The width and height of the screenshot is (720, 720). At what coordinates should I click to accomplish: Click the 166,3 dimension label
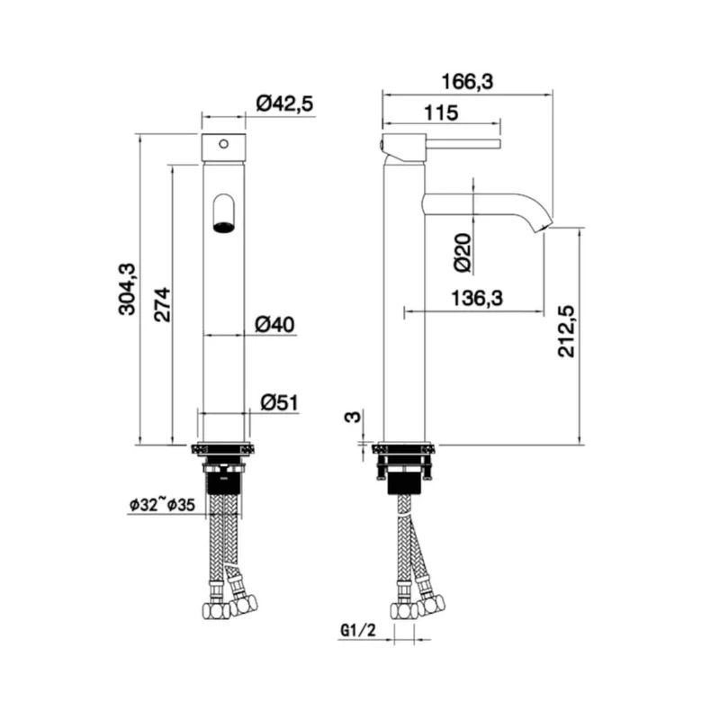tap(467, 82)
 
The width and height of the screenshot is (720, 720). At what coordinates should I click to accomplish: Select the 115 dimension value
tap(441, 113)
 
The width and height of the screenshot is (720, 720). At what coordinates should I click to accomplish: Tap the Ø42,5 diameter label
tap(284, 103)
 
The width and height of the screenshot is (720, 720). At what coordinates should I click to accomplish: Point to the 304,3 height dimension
tap(127, 289)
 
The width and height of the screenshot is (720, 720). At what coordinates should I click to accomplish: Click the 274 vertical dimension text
tap(162, 304)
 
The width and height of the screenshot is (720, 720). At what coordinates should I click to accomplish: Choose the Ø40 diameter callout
tap(275, 325)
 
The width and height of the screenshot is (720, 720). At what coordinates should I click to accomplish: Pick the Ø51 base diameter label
tap(279, 402)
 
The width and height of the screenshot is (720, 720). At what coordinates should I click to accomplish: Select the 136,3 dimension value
tap(477, 299)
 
